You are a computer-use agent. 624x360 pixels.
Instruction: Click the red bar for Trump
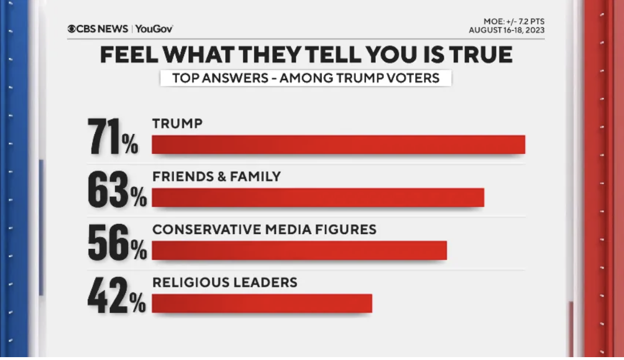coord(338,145)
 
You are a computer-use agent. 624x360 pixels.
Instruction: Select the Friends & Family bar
coord(317,197)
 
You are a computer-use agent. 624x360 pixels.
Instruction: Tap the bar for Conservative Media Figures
coord(299,251)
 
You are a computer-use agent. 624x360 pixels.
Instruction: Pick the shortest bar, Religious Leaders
coord(261,303)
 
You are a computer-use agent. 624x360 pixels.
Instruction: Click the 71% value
coord(113,137)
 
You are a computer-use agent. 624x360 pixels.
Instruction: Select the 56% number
coord(117,243)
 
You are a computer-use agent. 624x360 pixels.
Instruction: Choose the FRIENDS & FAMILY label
coord(217,176)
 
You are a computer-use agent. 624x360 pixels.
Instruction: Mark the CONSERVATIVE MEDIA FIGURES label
coord(264,230)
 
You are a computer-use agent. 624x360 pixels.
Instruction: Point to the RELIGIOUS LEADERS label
coord(225,282)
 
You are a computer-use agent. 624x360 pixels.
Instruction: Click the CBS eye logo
coord(71,29)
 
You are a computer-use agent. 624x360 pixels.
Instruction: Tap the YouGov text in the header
coord(154,29)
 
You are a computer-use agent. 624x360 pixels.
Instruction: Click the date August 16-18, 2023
coord(506,30)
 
